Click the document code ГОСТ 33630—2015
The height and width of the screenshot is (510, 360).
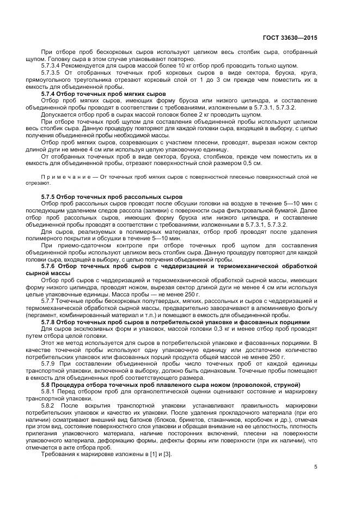click(290, 39)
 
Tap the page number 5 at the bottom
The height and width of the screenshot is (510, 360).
click(316, 466)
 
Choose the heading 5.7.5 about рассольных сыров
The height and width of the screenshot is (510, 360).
click(112, 196)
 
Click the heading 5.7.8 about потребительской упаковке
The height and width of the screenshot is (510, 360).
click(175, 322)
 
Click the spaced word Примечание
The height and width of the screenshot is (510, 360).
click(64, 177)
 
